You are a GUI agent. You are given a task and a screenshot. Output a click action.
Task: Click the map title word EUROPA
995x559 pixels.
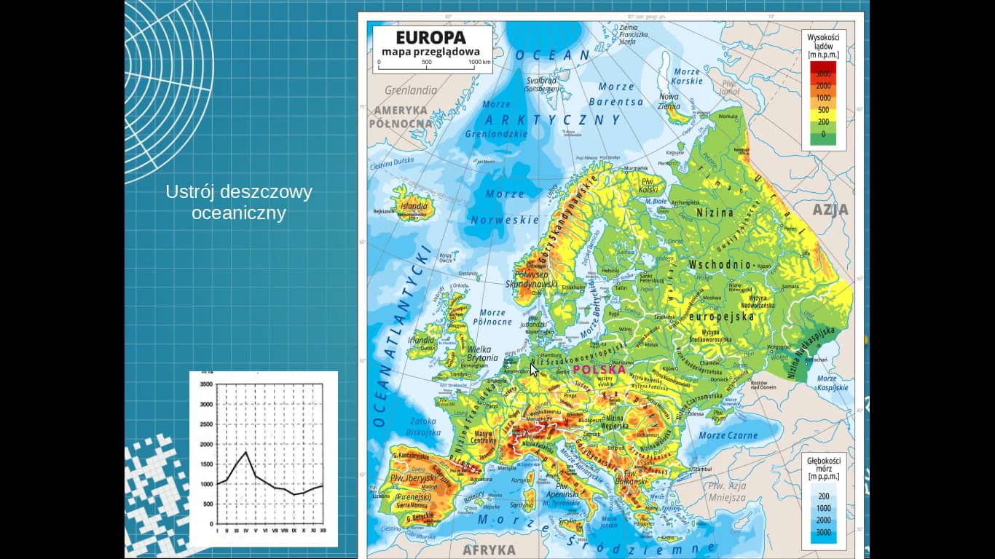430,38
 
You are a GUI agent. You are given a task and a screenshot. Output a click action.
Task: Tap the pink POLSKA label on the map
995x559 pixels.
599,369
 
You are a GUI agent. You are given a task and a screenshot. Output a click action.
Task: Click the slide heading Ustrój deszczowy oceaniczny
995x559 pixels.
239,202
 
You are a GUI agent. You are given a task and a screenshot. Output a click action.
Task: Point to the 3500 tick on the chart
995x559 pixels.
206,384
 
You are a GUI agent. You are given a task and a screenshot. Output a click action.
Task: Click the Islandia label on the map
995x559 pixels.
413,206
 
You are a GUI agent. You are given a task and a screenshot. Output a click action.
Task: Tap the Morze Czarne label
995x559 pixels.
728,435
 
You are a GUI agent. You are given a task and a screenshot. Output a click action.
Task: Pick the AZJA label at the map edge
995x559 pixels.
830,210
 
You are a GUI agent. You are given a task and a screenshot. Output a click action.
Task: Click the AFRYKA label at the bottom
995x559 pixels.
489,550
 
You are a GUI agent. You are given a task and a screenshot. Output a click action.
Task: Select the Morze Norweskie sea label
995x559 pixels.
505,207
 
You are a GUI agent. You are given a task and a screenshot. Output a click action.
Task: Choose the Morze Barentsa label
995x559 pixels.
616,95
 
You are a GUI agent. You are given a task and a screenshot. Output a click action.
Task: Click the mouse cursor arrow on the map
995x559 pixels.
534,369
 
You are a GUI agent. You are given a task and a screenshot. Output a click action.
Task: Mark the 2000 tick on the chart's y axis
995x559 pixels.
206,444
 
